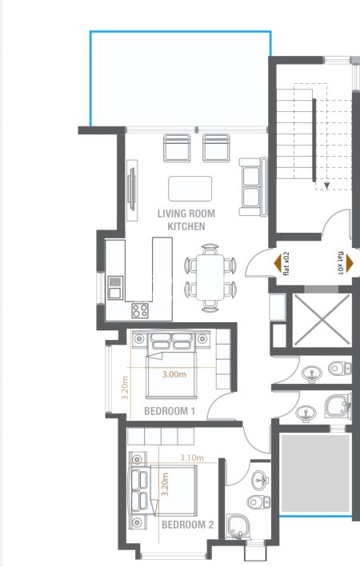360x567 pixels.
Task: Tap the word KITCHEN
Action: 186,226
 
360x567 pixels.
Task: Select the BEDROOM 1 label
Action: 170,411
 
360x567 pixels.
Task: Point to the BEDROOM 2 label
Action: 187,525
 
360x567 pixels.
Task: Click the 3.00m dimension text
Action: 174,374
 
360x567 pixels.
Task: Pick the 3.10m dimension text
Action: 191,457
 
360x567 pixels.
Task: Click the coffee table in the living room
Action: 190,189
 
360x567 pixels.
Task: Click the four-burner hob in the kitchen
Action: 140,309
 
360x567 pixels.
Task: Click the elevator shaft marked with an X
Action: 320,321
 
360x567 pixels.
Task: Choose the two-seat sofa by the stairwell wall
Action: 251,186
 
